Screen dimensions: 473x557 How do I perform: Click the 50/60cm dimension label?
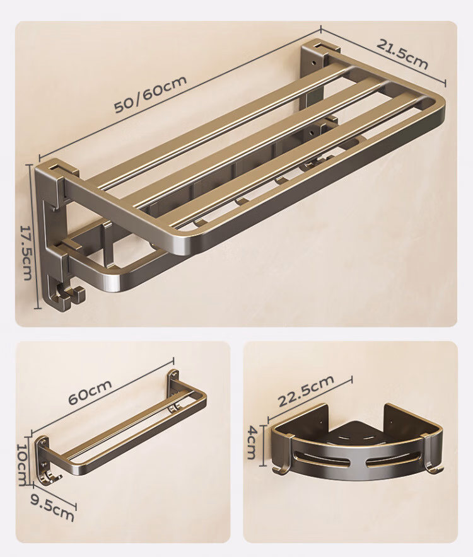(150, 93)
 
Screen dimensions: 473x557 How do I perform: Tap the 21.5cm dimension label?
(402, 54)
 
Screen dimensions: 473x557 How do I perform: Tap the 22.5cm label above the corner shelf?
(305, 390)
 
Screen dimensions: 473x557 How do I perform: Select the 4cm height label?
(252, 442)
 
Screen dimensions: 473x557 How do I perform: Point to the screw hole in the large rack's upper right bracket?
(313, 62)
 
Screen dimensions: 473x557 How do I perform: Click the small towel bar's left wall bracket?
(42, 458)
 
